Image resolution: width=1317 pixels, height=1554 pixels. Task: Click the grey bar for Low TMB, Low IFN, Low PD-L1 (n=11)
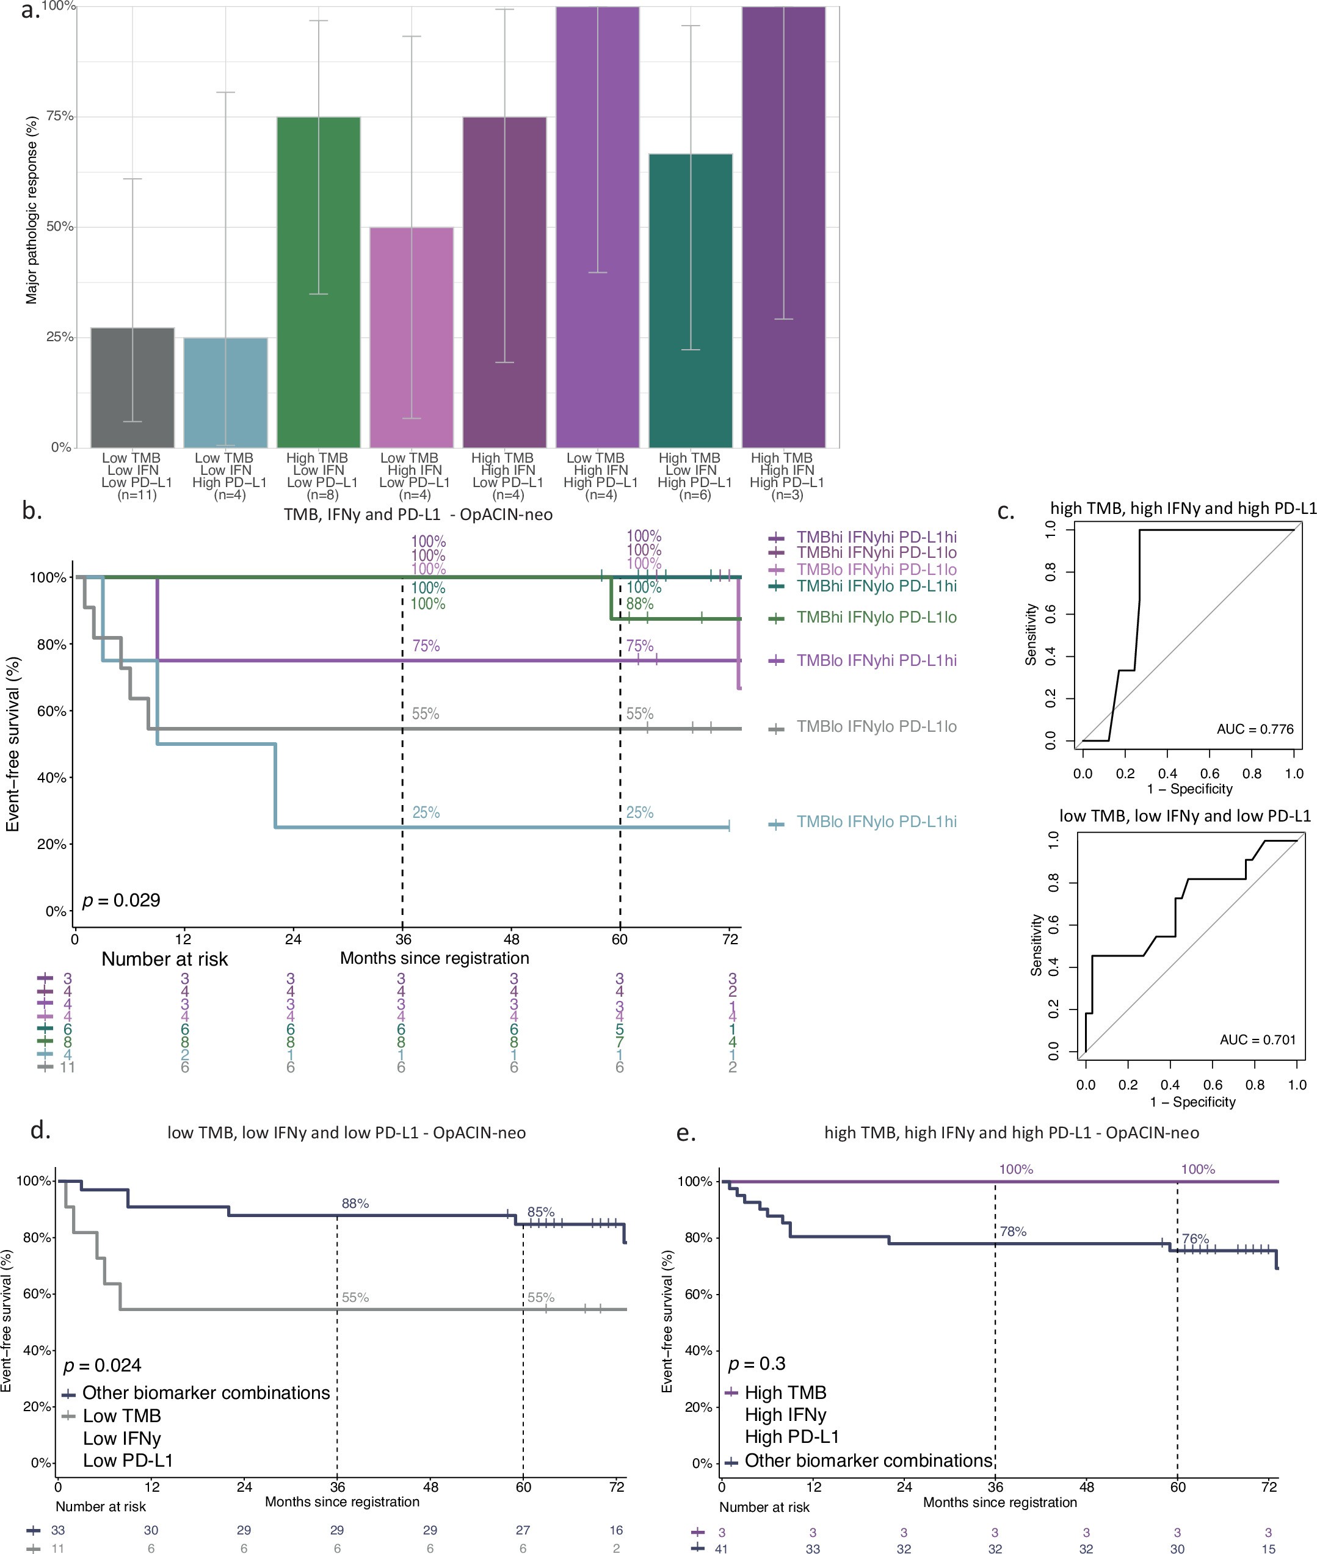pos(132,388)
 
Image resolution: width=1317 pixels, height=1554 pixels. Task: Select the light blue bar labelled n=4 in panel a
pos(225,392)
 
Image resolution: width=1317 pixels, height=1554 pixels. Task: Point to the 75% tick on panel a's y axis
pos(60,117)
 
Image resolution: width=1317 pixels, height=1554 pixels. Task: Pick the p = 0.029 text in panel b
pos(121,900)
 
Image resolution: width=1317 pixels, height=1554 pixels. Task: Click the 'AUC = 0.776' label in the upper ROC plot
pos(1255,729)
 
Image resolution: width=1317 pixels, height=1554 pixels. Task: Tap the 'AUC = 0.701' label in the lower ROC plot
pos(1258,1039)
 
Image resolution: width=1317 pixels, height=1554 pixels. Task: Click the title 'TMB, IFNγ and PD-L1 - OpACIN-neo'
pos(418,515)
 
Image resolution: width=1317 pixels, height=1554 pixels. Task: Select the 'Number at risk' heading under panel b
pos(164,959)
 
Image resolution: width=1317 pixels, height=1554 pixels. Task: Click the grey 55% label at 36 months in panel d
pos(355,1297)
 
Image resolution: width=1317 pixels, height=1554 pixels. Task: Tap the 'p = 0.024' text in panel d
pos(103,1365)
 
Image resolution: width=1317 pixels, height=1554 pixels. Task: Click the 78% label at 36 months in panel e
pos(1013,1232)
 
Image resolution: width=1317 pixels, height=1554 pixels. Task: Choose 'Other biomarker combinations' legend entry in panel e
pos(868,1460)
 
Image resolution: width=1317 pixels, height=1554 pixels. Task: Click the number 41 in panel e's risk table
pos(721,1549)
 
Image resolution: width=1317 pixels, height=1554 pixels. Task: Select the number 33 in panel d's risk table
pos(57,1530)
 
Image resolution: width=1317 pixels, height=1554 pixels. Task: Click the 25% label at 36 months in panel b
pos(426,812)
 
